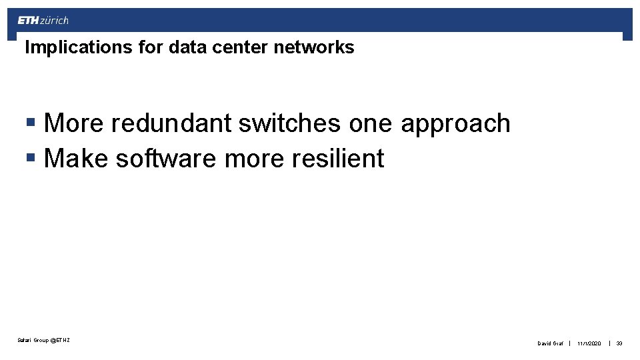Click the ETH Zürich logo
click(43, 20)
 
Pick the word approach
click(455, 125)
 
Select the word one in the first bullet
click(373, 125)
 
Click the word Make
click(75, 159)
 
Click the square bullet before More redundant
click(31, 123)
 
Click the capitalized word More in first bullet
click(74, 123)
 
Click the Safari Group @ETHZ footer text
click(44, 341)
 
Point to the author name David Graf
click(550, 343)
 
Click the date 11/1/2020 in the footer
click(589, 343)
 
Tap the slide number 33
click(619, 343)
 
